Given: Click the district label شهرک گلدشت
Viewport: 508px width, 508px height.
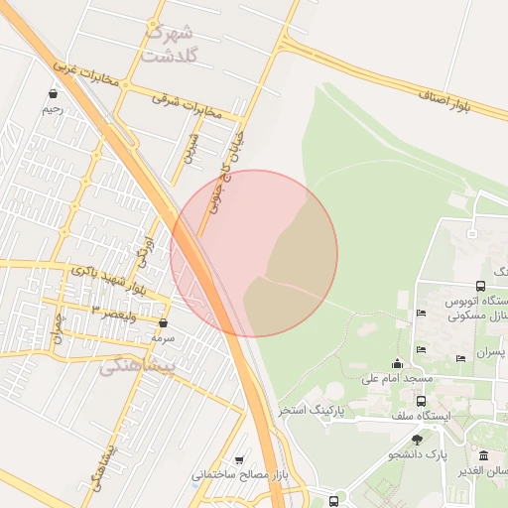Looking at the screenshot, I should [x=171, y=42].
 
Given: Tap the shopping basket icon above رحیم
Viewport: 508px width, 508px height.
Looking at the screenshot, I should [x=52, y=94].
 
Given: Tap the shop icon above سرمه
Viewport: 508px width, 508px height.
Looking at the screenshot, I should [x=163, y=323].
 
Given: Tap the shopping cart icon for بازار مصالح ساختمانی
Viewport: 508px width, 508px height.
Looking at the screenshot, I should [x=239, y=460].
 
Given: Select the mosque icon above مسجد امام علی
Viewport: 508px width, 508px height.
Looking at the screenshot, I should [x=398, y=363].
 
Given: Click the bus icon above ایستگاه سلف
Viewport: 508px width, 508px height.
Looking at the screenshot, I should [x=422, y=402].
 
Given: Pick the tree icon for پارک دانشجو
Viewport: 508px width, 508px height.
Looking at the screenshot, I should [x=417, y=439].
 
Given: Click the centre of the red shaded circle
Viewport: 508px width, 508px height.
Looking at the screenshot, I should [x=254, y=253].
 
